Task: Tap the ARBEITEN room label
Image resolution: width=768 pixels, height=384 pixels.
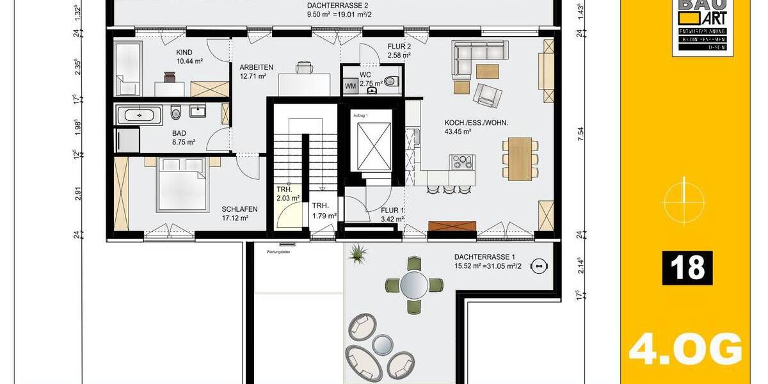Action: coord(257,67)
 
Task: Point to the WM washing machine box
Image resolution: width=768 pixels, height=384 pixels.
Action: coord(350,85)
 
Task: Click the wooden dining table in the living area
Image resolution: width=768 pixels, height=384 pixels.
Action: coord(518,157)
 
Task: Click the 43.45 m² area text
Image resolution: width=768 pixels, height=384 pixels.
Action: coord(458,132)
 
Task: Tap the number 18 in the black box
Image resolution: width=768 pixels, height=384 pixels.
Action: coord(688,268)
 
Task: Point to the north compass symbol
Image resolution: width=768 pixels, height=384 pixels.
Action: coord(684,199)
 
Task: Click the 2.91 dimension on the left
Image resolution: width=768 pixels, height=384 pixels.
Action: coord(79,194)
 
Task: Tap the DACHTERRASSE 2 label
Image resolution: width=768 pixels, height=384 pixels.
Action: coord(329,5)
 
